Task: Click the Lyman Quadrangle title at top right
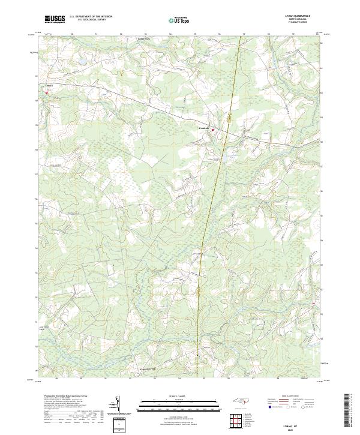[x=298, y=16]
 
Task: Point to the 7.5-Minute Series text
[x=298, y=23]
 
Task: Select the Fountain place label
[x=204, y=127]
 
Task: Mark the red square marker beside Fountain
[x=212, y=128]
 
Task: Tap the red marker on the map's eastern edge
[x=314, y=304]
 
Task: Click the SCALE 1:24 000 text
[x=179, y=396]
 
